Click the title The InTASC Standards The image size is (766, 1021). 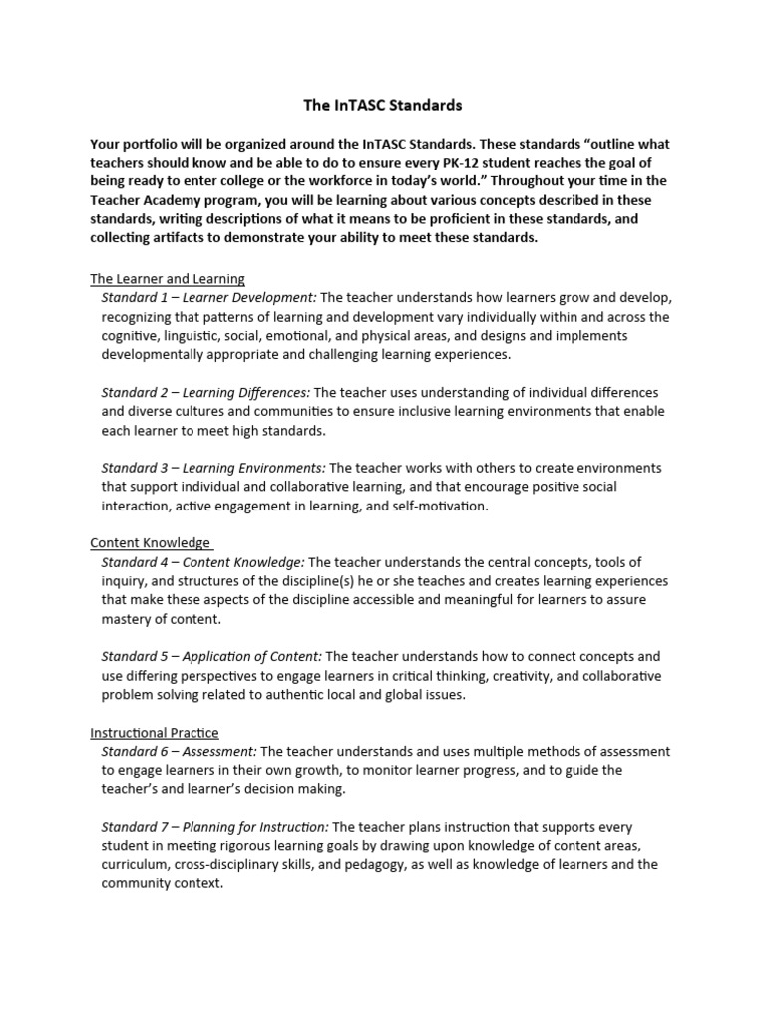[383, 103]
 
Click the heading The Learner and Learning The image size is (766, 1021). [168, 279]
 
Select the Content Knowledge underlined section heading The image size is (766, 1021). [151, 543]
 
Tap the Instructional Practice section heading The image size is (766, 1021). [155, 733]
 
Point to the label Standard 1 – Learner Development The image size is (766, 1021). [208, 298]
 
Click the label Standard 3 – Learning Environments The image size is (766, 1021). [213, 468]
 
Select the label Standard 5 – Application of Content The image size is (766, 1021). [211, 657]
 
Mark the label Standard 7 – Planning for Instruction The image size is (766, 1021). [214, 828]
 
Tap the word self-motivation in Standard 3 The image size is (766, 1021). [438, 506]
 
